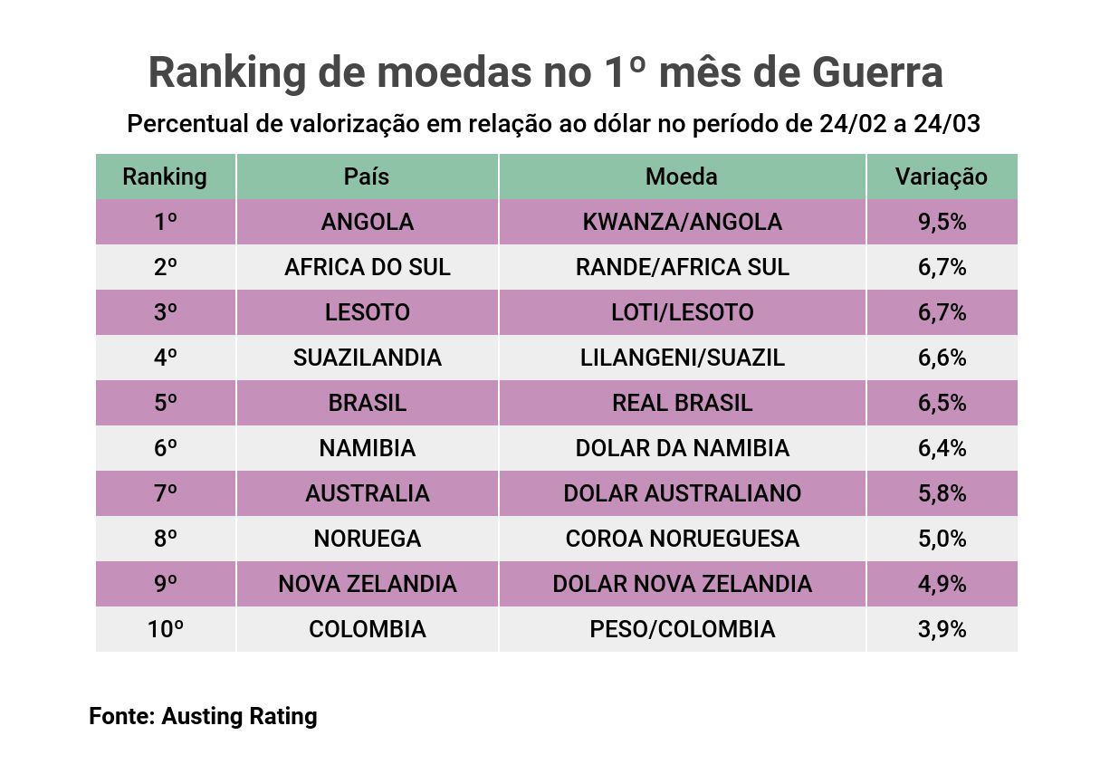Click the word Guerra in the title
click(877, 72)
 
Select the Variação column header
click(941, 177)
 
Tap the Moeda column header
click(681, 177)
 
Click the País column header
click(367, 177)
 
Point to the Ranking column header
click(165, 177)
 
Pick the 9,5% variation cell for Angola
click(942, 222)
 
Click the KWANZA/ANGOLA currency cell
click(682, 222)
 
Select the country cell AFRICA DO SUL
click(367, 267)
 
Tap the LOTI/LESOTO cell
click(682, 312)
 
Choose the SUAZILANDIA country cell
click(367, 358)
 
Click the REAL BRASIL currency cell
click(682, 403)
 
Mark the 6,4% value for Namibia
click(942, 448)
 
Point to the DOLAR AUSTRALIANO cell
click(682, 493)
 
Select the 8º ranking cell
click(165, 539)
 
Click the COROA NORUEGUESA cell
click(682, 539)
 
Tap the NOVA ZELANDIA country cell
click(367, 584)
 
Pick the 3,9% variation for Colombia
click(942, 629)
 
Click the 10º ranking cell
click(165, 629)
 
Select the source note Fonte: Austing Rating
click(203, 717)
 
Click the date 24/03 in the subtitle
click(947, 124)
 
